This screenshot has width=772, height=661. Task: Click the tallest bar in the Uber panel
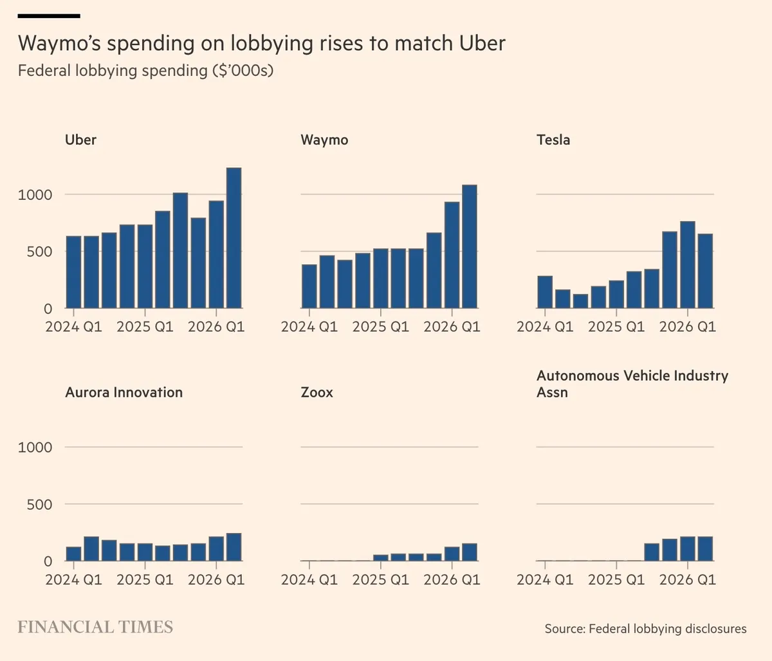pyautogui.click(x=234, y=238)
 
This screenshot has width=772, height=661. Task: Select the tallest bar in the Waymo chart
pyautogui.click(x=470, y=246)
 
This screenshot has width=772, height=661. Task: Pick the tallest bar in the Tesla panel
pyautogui.click(x=688, y=265)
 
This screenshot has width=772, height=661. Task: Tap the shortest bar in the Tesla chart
pyautogui.click(x=580, y=301)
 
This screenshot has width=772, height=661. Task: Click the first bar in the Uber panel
pyautogui.click(x=73, y=272)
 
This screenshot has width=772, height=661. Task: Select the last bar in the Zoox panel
pyautogui.click(x=470, y=552)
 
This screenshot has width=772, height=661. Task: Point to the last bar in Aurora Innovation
pyautogui.click(x=234, y=547)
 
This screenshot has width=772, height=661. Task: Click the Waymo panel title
pyautogui.click(x=324, y=140)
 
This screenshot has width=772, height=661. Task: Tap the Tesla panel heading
pyautogui.click(x=553, y=140)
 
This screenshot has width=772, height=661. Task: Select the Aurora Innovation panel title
pyautogui.click(x=124, y=392)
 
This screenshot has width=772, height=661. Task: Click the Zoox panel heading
pyautogui.click(x=317, y=392)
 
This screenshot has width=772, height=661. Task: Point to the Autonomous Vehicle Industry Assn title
pyautogui.click(x=632, y=384)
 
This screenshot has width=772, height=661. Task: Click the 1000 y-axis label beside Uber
pyautogui.click(x=35, y=195)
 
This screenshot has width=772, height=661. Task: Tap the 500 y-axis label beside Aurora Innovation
pyautogui.click(x=40, y=505)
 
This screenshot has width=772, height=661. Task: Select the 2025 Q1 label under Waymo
pyautogui.click(x=381, y=327)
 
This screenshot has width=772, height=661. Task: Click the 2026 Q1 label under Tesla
pyautogui.click(x=688, y=327)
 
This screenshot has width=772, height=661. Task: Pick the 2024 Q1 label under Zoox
pyautogui.click(x=309, y=579)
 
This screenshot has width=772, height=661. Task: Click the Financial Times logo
pyautogui.click(x=95, y=627)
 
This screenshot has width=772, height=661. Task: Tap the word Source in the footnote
pyautogui.click(x=565, y=628)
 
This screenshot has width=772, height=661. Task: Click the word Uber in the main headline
pyautogui.click(x=482, y=43)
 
